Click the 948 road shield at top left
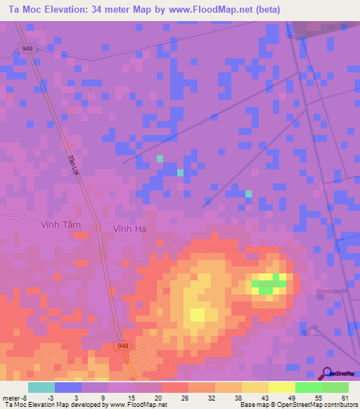coord(26,48)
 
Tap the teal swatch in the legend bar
coord(41,387)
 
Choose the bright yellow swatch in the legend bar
coord(281,387)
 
